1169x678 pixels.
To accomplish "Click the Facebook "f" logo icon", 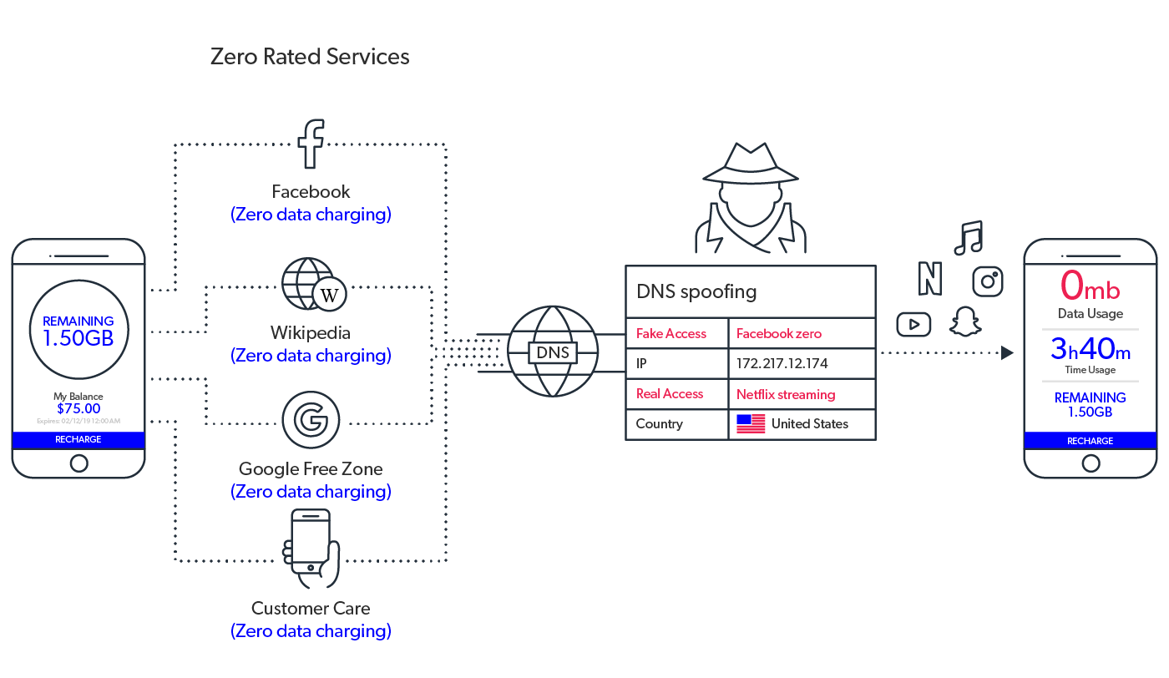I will [x=311, y=144].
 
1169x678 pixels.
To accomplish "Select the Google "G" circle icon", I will [x=311, y=420].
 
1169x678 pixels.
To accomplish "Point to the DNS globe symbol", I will [x=553, y=352].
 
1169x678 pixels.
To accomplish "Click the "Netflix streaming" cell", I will [x=785, y=394].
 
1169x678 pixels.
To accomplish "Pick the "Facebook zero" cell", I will [x=778, y=333].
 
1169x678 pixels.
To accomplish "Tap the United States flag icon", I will [x=751, y=423].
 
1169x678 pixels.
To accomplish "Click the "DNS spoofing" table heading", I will [x=696, y=291].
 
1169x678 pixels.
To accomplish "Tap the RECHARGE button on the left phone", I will [x=78, y=439].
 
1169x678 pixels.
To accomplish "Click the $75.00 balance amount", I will [x=78, y=408].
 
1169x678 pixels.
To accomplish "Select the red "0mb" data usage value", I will [x=1090, y=286].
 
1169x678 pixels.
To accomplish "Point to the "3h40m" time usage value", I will [x=1090, y=348].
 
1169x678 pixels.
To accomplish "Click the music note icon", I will [x=969, y=238].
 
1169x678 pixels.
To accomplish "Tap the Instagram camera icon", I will [x=988, y=281].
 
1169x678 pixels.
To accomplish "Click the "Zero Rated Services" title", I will [x=310, y=57].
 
